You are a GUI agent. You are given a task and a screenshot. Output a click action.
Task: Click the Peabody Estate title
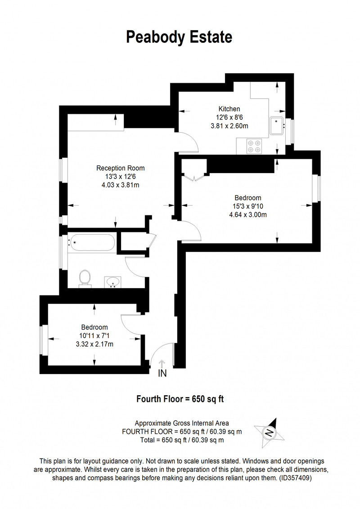[x=179, y=37]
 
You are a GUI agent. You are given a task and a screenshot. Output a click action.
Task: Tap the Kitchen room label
[x=229, y=109]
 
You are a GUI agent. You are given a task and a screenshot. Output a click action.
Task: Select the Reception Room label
[x=121, y=168]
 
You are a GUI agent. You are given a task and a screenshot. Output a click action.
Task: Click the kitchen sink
[x=277, y=125]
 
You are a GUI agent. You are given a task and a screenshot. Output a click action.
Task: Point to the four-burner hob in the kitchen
[x=254, y=146]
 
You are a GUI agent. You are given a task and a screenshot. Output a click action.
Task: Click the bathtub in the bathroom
[x=91, y=242]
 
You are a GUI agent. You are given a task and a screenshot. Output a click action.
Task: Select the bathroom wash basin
[x=113, y=282]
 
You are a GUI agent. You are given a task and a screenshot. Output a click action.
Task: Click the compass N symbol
[x=270, y=433]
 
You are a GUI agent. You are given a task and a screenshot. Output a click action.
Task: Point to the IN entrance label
[x=162, y=373]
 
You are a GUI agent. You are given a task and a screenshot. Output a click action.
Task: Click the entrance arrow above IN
[x=162, y=364]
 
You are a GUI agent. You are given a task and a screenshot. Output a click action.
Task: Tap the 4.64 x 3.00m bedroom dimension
[x=248, y=214]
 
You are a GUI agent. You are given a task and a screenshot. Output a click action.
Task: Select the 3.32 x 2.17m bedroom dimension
[x=94, y=344]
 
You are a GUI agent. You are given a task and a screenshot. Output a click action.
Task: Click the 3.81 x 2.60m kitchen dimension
[x=229, y=125]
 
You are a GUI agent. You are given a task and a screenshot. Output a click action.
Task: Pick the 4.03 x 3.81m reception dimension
[x=121, y=185]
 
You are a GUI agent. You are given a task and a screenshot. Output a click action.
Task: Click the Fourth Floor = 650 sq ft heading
[x=180, y=399]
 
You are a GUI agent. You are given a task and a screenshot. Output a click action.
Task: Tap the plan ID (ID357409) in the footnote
[x=295, y=478]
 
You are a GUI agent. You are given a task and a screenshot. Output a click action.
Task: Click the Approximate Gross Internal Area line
[x=182, y=423]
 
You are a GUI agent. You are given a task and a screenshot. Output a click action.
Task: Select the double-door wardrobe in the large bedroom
[x=193, y=170]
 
